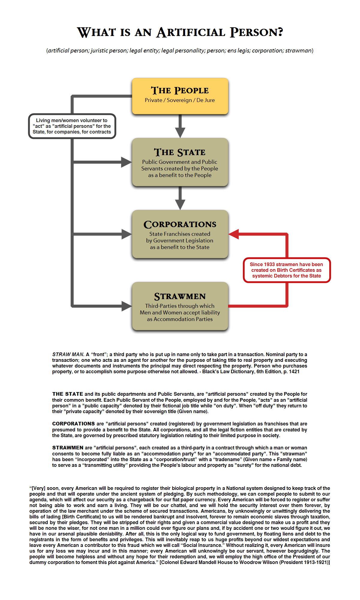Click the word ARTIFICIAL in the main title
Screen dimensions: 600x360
[x=191, y=32]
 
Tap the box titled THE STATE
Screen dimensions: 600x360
[x=180, y=162]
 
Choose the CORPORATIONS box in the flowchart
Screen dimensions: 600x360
[x=180, y=234]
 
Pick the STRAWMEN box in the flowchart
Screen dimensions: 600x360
[x=180, y=306]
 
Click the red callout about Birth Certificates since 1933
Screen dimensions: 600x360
[x=286, y=270]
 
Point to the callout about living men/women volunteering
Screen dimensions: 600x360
[x=72, y=126]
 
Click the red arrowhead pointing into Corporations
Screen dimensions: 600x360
[x=234, y=234]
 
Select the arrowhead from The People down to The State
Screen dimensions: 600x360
[x=180, y=132]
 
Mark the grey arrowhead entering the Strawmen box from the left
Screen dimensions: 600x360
[x=127, y=306]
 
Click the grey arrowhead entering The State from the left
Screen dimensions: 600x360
[x=127, y=162]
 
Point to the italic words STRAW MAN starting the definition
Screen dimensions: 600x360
[x=68, y=354]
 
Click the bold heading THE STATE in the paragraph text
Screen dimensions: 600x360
[x=67, y=394]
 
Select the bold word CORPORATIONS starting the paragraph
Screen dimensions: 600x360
[x=73, y=424]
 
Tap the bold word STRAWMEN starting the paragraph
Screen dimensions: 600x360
[x=67, y=448]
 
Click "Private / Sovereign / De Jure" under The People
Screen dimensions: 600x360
[x=180, y=100]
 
